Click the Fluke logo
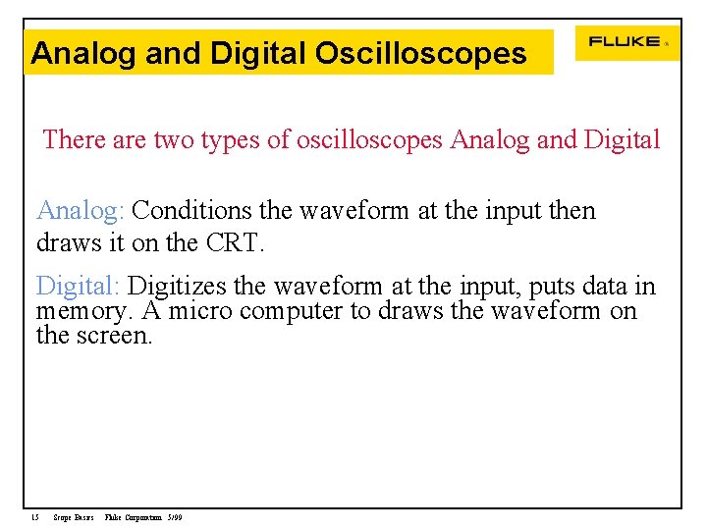[625, 42]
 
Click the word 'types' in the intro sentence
[229, 140]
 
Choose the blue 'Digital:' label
[78, 287]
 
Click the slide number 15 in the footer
[34, 517]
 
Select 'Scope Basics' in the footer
[74, 517]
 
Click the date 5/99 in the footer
[175, 517]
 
